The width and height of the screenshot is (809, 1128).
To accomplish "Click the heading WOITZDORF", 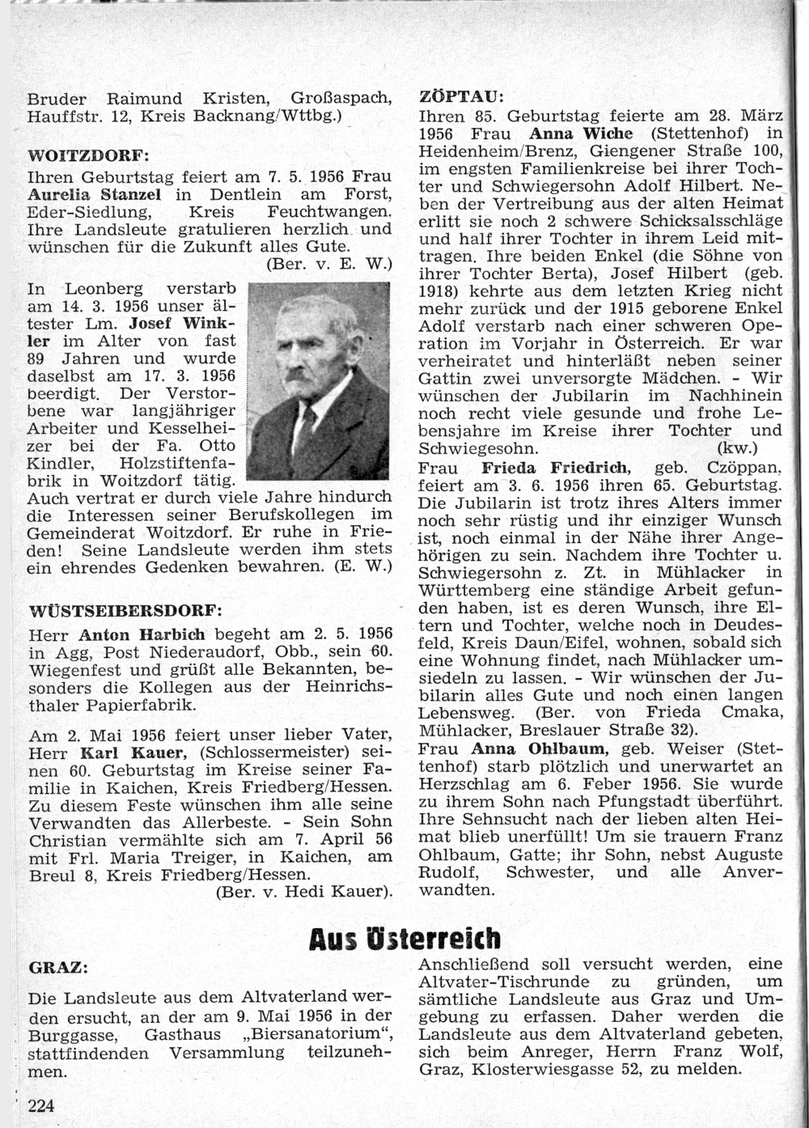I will [74, 155].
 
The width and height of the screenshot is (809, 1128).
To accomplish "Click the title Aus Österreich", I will [404, 939].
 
